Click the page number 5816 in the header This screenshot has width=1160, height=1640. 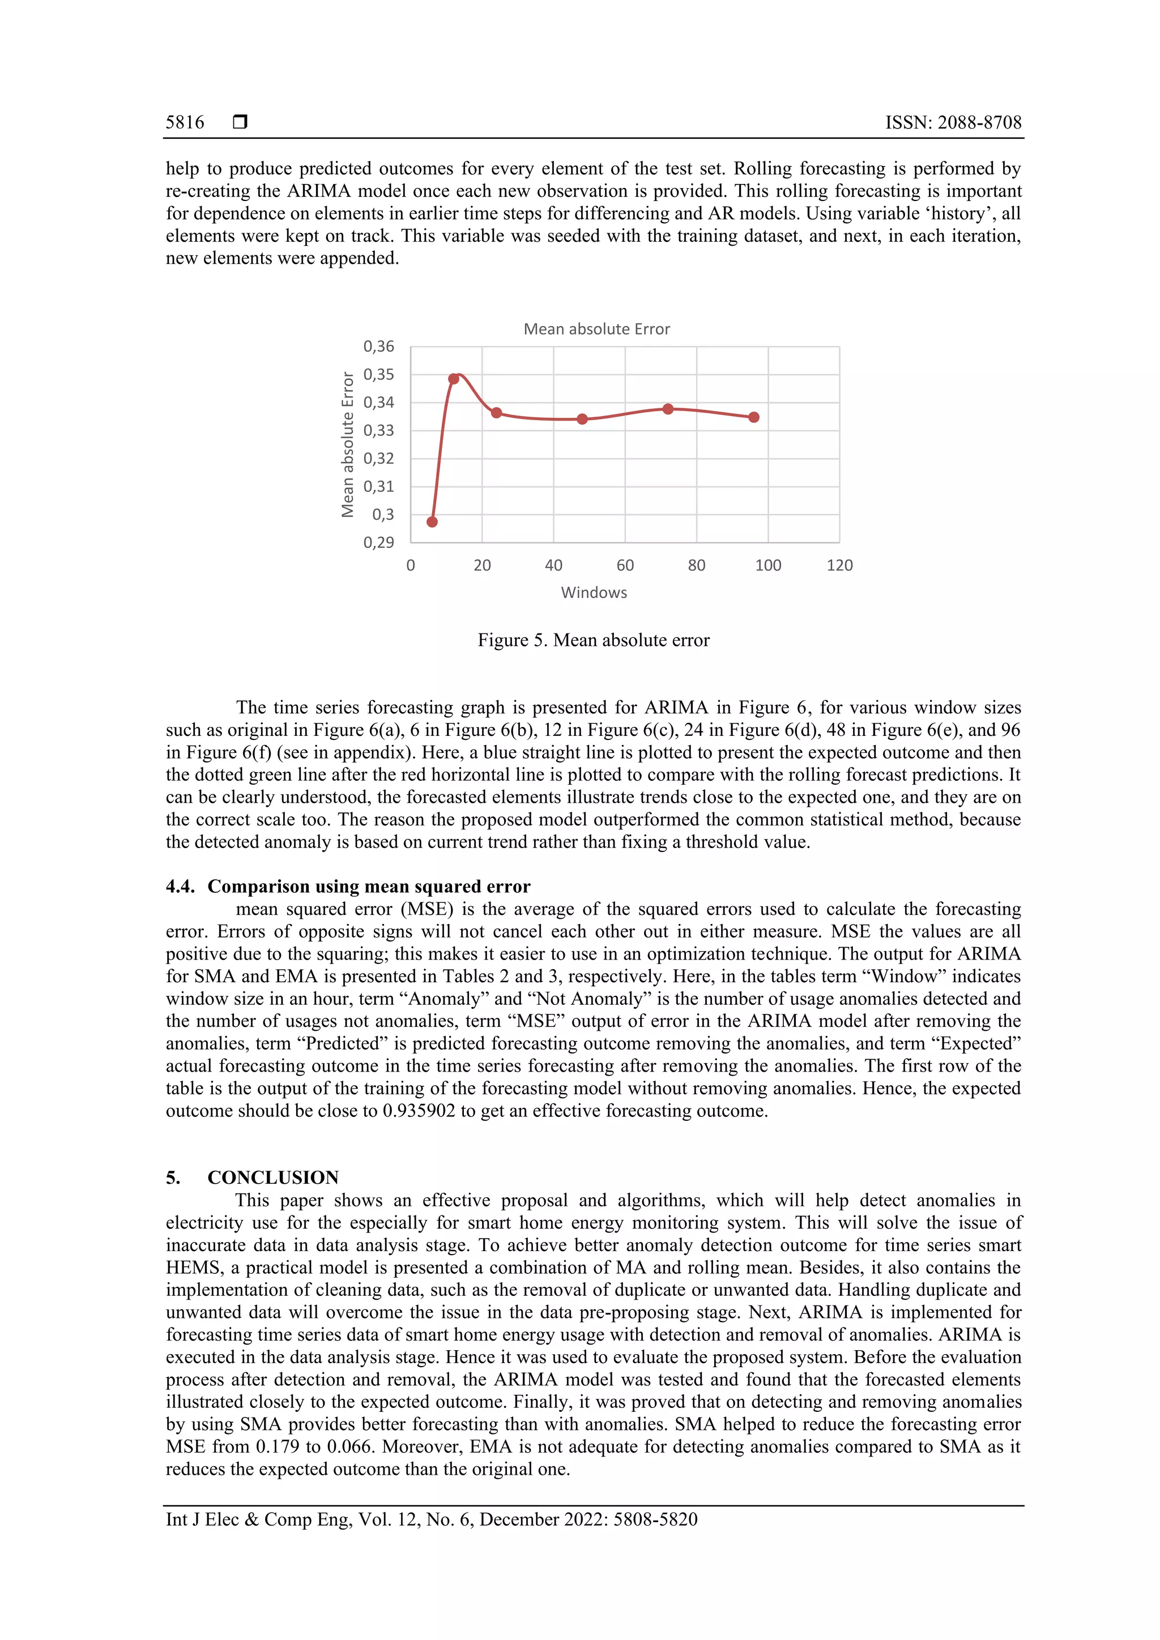(185, 123)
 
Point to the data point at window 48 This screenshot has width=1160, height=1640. (582, 419)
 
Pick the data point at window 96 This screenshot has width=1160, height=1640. (753, 417)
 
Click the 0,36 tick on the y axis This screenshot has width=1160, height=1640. (378, 347)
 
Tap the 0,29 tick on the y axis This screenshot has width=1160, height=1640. (378, 543)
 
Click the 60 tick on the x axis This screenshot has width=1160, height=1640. (625, 566)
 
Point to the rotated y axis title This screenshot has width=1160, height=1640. (347, 444)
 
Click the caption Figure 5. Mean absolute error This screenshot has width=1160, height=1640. (593, 640)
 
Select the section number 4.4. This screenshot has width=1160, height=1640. (180, 887)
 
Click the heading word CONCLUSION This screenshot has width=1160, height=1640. (273, 1178)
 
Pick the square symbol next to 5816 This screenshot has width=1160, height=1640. (240, 122)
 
